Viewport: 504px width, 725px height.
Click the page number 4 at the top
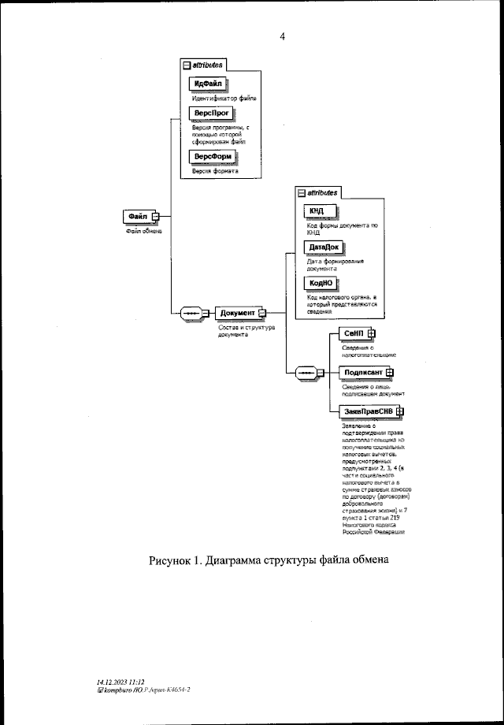coord(282,35)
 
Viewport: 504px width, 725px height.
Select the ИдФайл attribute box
coord(208,84)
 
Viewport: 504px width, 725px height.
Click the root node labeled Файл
coord(137,217)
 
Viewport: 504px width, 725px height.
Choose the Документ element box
coord(238,313)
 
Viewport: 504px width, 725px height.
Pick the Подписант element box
coord(361,373)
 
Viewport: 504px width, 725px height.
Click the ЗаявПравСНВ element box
coord(368,411)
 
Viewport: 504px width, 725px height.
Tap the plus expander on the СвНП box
coord(372,334)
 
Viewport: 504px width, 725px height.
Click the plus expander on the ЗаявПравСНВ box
coord(400,411)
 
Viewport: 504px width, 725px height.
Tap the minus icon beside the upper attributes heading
coord(187,65)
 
